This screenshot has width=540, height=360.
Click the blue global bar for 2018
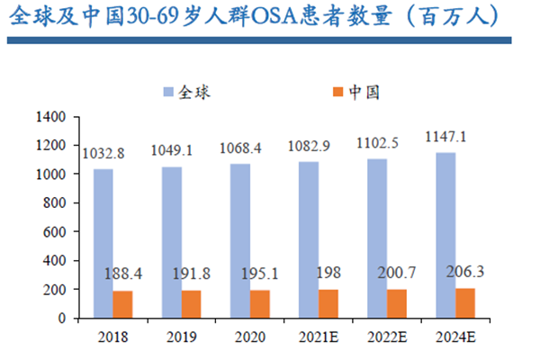tap(103, 243)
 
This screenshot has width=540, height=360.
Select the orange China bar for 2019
tap(191, 304)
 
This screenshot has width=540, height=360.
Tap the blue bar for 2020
tap(240, 240)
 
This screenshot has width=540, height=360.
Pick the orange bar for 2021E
tap(328, 303)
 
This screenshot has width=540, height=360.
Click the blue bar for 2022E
tap(378, 238)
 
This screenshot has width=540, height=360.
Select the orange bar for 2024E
tap(466, 302)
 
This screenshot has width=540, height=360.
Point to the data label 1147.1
tap(446, 138)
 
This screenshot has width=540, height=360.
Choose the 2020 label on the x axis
tap(250, 337)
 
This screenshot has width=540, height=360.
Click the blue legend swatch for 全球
tap(168, 92)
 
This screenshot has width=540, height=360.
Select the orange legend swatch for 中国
tap(337, 92)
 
